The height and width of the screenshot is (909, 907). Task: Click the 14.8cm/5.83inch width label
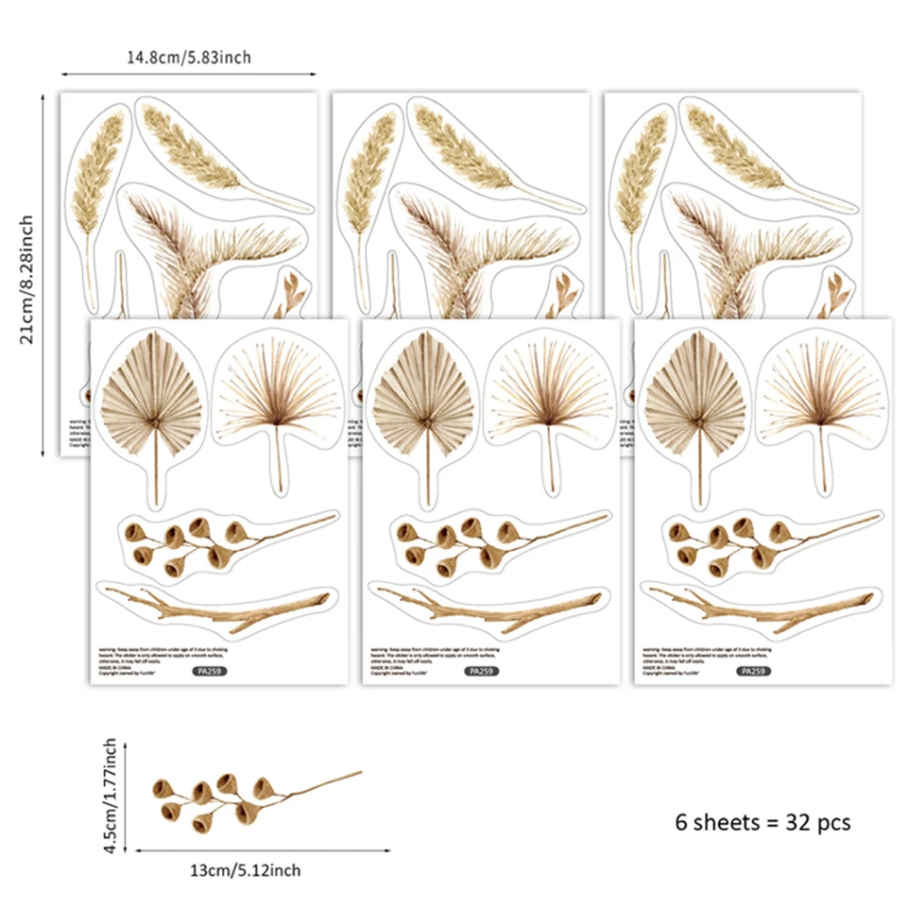pos(189,58)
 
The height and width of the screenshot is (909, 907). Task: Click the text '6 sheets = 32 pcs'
pos(762,822)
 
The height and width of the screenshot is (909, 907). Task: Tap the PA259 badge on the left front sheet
pos(209,671)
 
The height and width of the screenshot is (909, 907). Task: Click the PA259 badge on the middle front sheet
pos(481,671)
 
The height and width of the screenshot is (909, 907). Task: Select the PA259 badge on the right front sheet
pos(753,671)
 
